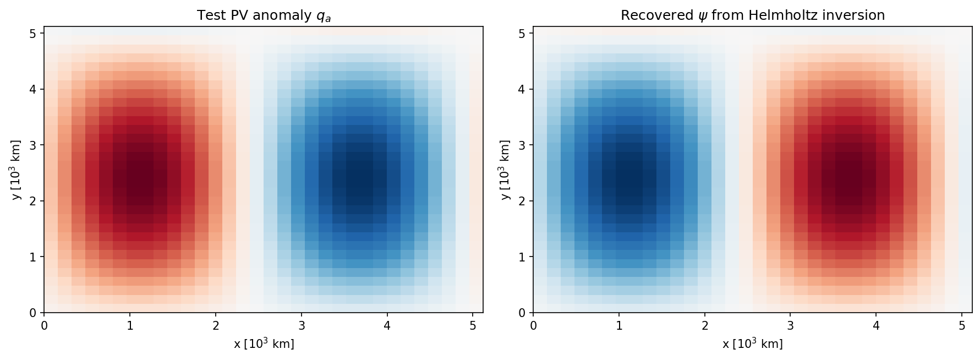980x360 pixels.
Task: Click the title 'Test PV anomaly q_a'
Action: click(x=264, y=15)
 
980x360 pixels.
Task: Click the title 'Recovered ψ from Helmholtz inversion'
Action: click(x=752, y=15)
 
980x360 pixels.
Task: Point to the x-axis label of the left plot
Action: click(x=264, y=344)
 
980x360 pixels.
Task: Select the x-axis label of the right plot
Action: click(x=752, y=344)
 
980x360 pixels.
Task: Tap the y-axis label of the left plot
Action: click(x=17, y=170)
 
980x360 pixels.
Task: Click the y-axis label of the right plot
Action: click(x=506, y=170)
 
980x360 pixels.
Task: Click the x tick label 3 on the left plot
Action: click(x=301, y=325)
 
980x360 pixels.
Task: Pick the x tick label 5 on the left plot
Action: click(x=473, y=325)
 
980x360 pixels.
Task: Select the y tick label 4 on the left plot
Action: click(x=34, y=89)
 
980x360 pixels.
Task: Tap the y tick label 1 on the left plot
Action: click(x=34, y=257)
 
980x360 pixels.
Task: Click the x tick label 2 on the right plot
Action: click(x=705, y=325)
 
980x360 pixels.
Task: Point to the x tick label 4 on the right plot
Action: click(x=876, y=325)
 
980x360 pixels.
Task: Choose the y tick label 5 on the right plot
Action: click(x=523, y=34)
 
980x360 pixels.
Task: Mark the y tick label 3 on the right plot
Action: click(x=523, y=145)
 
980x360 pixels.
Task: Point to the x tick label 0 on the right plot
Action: click(x=533, y=325)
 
